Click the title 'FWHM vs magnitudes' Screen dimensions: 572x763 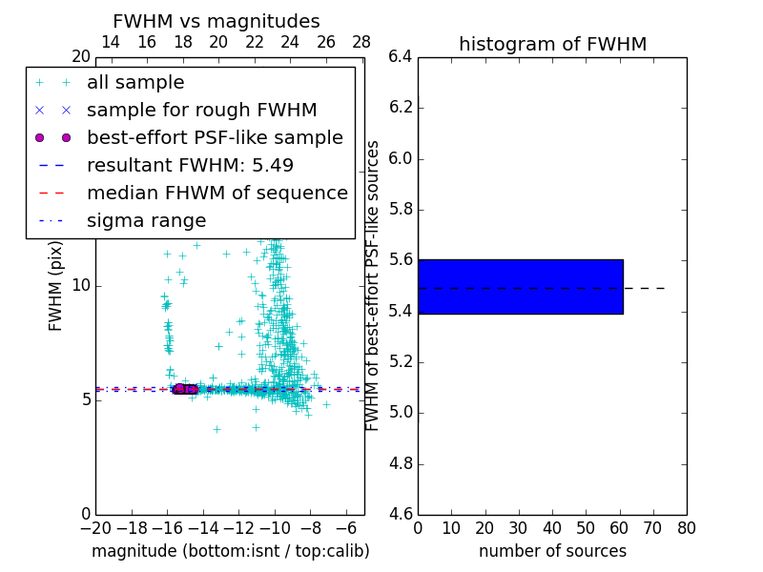coord(216,22)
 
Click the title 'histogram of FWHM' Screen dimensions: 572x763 coord(552,44)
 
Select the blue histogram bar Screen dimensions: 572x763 coord(520,286)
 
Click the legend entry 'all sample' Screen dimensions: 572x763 coord(135,83)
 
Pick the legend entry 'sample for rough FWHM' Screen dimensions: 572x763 coord(201,111)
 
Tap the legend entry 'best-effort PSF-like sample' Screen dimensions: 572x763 coord(215,138)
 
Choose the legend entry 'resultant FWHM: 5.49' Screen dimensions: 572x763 coord(190,166)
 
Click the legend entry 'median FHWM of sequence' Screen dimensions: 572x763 coord(217,194)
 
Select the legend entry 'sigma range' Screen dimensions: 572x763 coord(146,221)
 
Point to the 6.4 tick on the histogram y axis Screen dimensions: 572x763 coord(399,57)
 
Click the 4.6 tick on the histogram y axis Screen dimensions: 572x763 coord(399,515)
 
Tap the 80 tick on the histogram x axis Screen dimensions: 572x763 coord(687,528)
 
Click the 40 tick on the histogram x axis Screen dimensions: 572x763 coord(552,528)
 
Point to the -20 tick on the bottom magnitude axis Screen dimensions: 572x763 coord(96,528)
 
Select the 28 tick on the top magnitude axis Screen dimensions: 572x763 coord(361,42)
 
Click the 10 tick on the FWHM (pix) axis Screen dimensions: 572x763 coord(81,286)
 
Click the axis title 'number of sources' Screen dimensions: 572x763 coord(552,551)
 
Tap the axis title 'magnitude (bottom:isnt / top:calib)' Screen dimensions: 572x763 coord(230,551)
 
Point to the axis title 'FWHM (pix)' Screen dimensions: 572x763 coord(56,286)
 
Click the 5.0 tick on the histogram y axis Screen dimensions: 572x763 coord(399,413)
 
